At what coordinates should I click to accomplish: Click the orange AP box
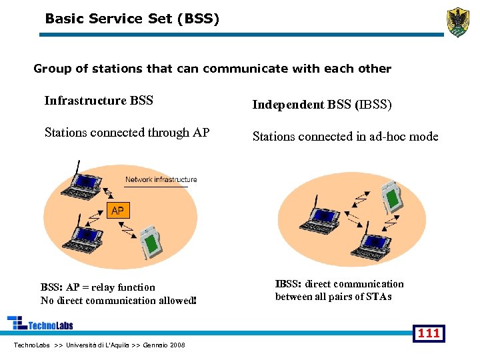tap(117, 211)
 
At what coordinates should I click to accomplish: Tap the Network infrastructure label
tap(161, 179)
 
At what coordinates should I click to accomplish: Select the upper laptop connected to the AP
tap(84, 184)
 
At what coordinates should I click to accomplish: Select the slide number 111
tap(428, 333)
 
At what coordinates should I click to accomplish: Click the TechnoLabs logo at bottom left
tap(40, 324)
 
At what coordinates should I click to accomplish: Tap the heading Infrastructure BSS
tap(99, 101)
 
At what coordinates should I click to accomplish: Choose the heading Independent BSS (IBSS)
tap(321, 105)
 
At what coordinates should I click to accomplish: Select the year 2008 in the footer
tap(177, 345)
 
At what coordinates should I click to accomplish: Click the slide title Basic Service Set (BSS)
tap(132, 19)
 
